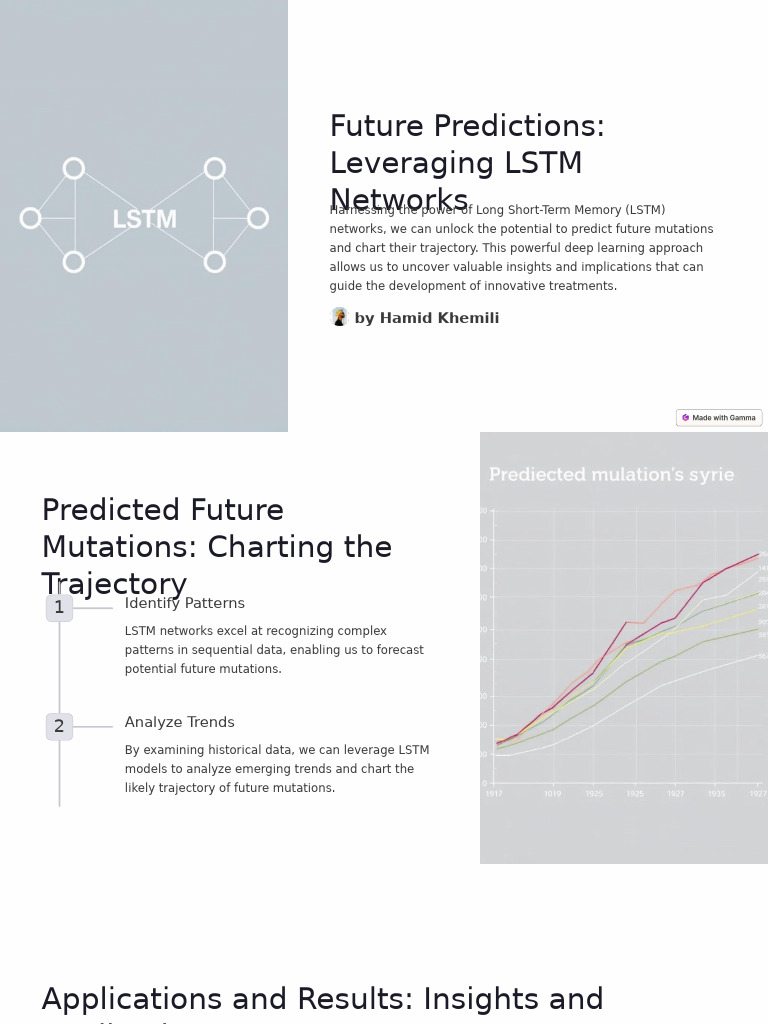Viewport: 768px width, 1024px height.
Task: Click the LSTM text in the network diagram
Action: [144, 220]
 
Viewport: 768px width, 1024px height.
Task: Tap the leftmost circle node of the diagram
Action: [31, 218]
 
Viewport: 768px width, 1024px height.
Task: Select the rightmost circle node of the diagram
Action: [258, 218]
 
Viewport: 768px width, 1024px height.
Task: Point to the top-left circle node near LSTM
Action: [74, 168]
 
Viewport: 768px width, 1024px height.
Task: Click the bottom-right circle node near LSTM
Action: [215, 262]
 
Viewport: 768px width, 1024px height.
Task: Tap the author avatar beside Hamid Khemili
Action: [339, 317]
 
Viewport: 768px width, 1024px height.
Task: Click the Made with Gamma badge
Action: [719, 418]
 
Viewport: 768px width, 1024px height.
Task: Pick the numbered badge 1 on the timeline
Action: [59, 608]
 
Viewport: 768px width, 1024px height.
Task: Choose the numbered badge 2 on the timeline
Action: [59, 727]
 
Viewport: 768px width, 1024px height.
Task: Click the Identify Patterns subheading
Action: [185, 604]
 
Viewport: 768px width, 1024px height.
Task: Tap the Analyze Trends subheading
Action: [180, 723]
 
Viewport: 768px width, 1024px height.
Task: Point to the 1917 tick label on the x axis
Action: [494, 794]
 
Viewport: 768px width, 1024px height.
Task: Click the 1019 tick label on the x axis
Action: [553, 794]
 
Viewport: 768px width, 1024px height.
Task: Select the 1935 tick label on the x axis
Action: [717, 794]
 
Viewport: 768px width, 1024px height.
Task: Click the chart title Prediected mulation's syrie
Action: [611, 475]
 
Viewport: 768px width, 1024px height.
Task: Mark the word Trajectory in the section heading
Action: [114, 585]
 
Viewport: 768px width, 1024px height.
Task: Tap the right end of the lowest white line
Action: [758, 655]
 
